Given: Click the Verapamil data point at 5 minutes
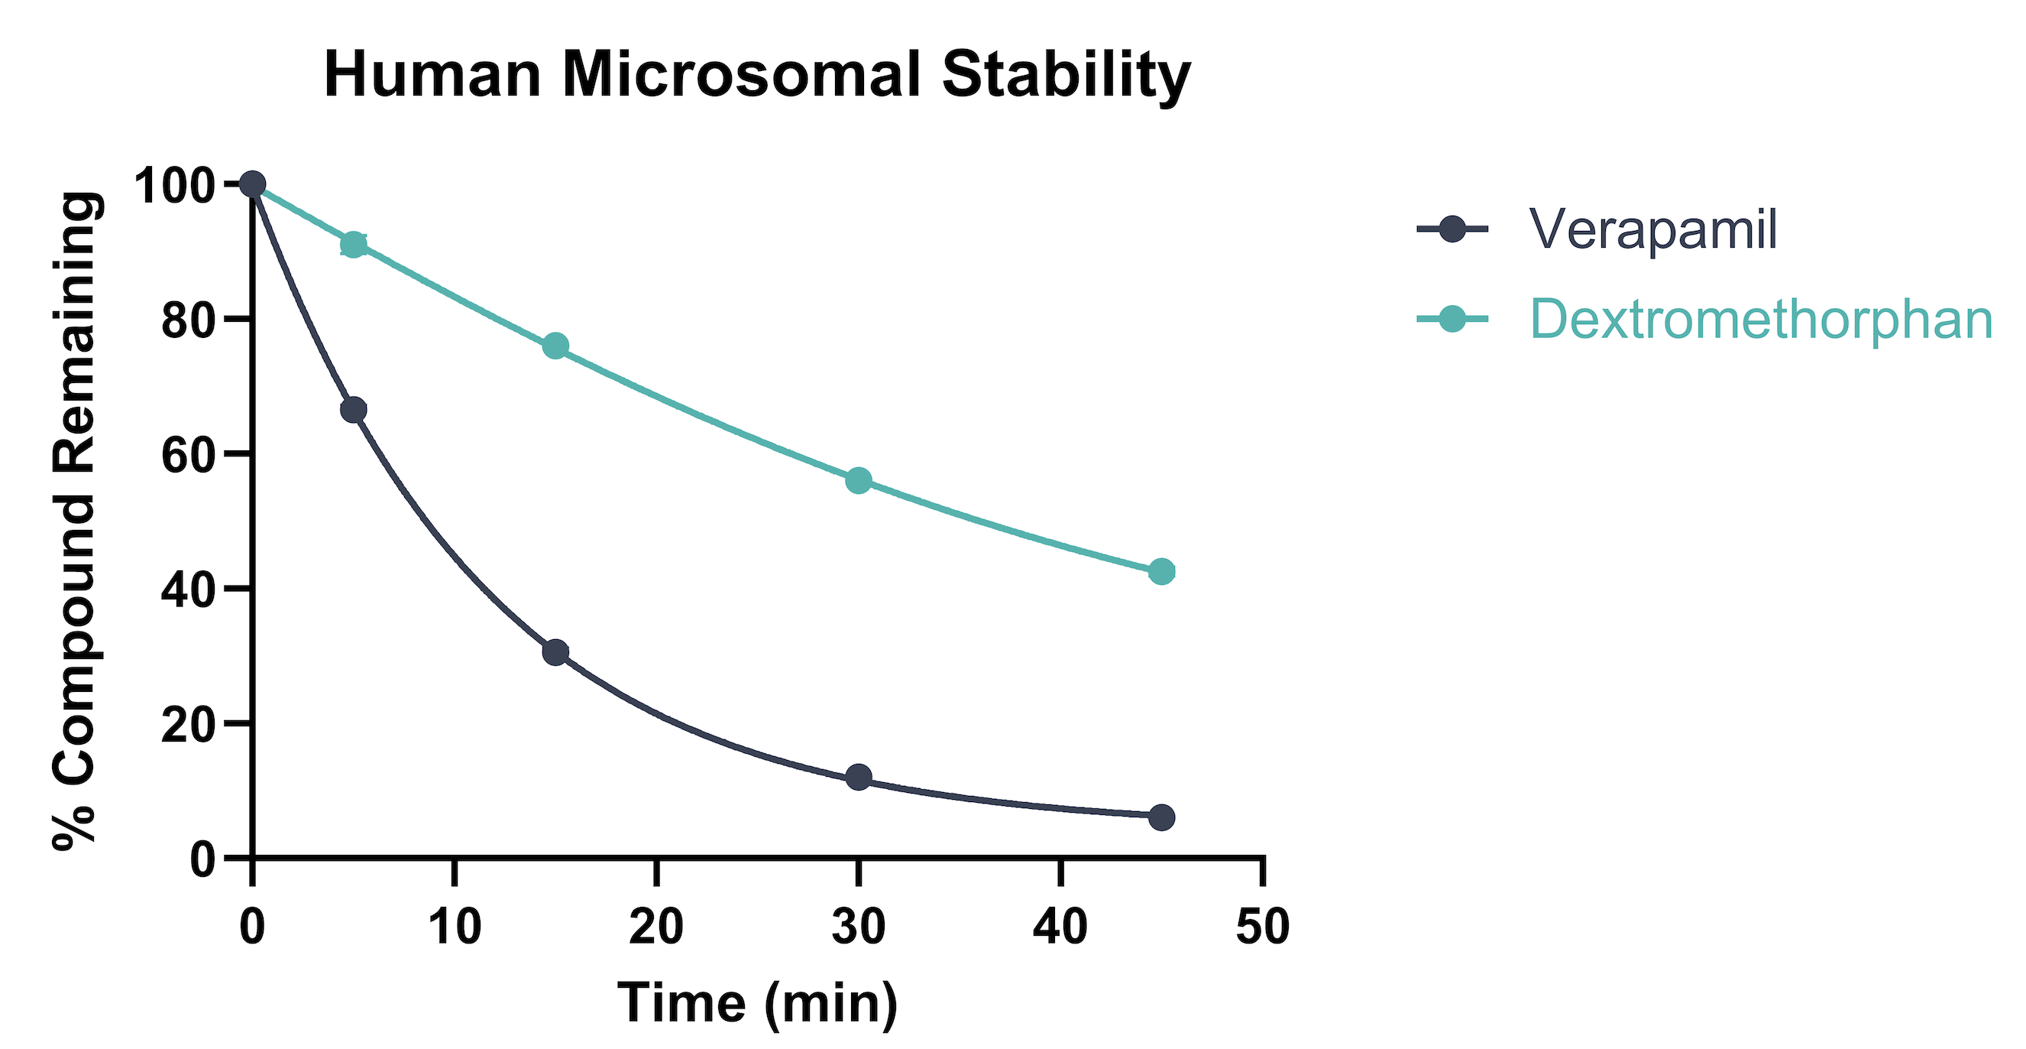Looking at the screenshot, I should click(354, 410).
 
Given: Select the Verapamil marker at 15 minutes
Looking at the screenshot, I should click(556, 652).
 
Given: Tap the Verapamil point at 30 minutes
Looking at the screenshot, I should click(859, 778).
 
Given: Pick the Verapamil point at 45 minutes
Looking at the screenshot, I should click(1162, 817).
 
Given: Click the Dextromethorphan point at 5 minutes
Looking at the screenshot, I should click(354, 245).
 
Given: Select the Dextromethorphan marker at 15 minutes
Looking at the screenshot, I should click(556, 346).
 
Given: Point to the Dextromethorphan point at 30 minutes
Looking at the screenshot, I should click(859, 480).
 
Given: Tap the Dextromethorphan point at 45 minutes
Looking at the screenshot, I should click(1162, 571).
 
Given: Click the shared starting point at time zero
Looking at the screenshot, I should click(252, 185).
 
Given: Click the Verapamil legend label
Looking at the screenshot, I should click(1652, 230).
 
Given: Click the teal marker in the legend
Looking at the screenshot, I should click(1452, 320).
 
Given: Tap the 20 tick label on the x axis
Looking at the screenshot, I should click(657, 926).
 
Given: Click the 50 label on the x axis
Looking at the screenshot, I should click(1262, 926).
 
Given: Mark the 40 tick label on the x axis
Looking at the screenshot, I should click(1060, 926).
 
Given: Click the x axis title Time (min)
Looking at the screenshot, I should click(757, 1003).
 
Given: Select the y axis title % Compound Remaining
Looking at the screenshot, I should click(76, 521).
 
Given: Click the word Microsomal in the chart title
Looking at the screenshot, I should click(742, 76).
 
